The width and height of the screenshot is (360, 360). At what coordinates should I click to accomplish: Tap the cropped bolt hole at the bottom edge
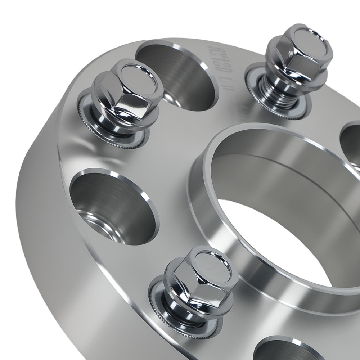(x=284, y=349)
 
